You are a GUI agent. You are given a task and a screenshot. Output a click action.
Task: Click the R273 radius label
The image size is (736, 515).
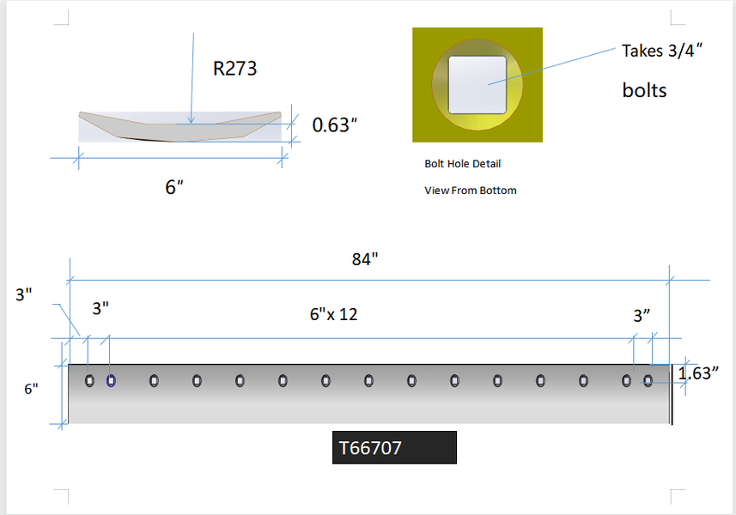click(x=234, y=69)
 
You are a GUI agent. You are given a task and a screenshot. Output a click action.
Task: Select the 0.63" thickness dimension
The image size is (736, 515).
click(x=334, y=125)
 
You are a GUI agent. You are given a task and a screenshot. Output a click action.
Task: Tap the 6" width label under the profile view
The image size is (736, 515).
click(x=173, y=187)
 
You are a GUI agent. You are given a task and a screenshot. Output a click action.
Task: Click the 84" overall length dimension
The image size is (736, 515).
click(x=365, y=259)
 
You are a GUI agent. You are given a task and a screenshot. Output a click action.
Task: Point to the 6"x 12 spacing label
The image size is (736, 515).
click(x=333, y=314)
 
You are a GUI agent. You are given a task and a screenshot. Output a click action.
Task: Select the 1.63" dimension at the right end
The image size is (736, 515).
click(x=698, y=373)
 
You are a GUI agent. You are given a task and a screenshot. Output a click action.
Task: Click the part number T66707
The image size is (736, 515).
click(x=370, y=448)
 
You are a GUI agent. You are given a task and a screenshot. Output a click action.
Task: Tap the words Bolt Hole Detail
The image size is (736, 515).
click(x=462, y=164)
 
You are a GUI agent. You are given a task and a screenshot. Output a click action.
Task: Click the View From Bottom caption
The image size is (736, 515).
click(x=471, y=191)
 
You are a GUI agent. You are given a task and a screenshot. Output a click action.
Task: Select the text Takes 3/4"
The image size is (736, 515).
click(x=662, y=51)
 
